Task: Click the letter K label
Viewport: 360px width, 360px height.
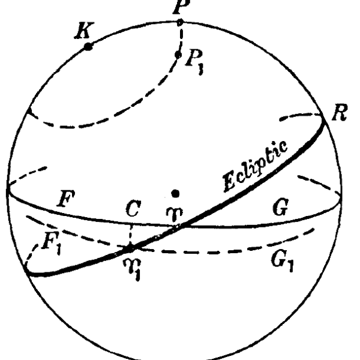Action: (x=85, y=30)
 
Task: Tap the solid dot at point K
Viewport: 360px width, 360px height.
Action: (x=88, y=47)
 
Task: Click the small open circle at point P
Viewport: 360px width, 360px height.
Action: (x=180, y=23)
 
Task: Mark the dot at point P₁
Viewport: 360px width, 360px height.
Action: (x=178, y=55)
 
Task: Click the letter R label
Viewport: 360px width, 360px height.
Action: (x=340, y=113)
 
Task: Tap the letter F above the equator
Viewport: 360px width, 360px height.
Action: (x=66, y=199)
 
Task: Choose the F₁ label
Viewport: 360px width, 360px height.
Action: (x=52, y=243)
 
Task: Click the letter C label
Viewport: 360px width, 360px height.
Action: (x=133, y=208)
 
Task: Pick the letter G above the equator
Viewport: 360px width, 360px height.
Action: (x=281, y=207)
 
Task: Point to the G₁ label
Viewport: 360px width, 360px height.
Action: (x=282, y=261)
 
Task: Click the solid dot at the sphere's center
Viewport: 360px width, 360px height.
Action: (x=175, y=194)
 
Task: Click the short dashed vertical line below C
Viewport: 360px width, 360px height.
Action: (x=131, y=236)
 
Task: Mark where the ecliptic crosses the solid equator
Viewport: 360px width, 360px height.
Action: (x=181, y=227)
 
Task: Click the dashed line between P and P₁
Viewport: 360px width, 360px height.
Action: (x=181, y=38)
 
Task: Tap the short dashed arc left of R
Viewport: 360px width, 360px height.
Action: (x=301, y=116)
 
